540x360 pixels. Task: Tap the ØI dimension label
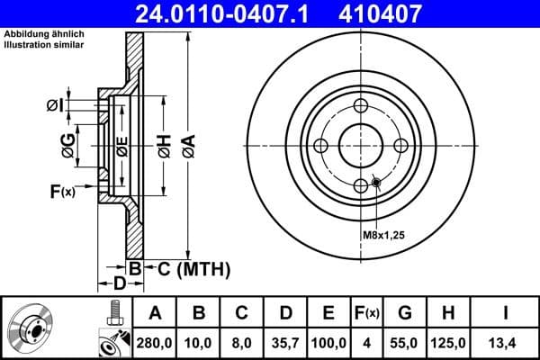pos(56,106)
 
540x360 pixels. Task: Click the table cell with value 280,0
pos(155,342)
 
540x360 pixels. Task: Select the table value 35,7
pos(285,342)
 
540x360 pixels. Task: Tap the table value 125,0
pos(449,342)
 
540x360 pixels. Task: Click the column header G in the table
pos(405,314)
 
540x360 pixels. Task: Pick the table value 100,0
pos(329,342)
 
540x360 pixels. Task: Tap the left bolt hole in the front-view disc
pos(322,147)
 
